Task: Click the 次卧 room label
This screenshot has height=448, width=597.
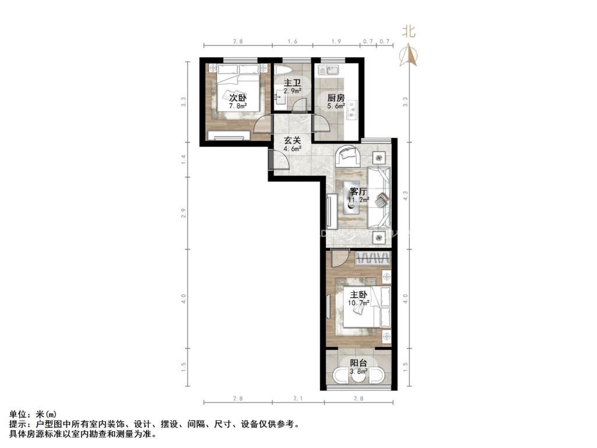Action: point(237,97)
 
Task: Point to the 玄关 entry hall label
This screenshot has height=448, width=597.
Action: point(292,140)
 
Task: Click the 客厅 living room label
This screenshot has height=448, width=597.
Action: point(357,191)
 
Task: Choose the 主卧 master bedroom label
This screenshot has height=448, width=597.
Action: point(358,295)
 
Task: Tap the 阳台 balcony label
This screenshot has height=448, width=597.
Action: point(358,362)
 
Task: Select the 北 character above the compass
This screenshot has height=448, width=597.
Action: point(409,31)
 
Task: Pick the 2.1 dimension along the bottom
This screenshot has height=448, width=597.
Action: point(298,398)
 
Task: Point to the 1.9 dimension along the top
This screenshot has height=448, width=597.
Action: point(336,42)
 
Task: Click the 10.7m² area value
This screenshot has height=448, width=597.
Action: point(359,303)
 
